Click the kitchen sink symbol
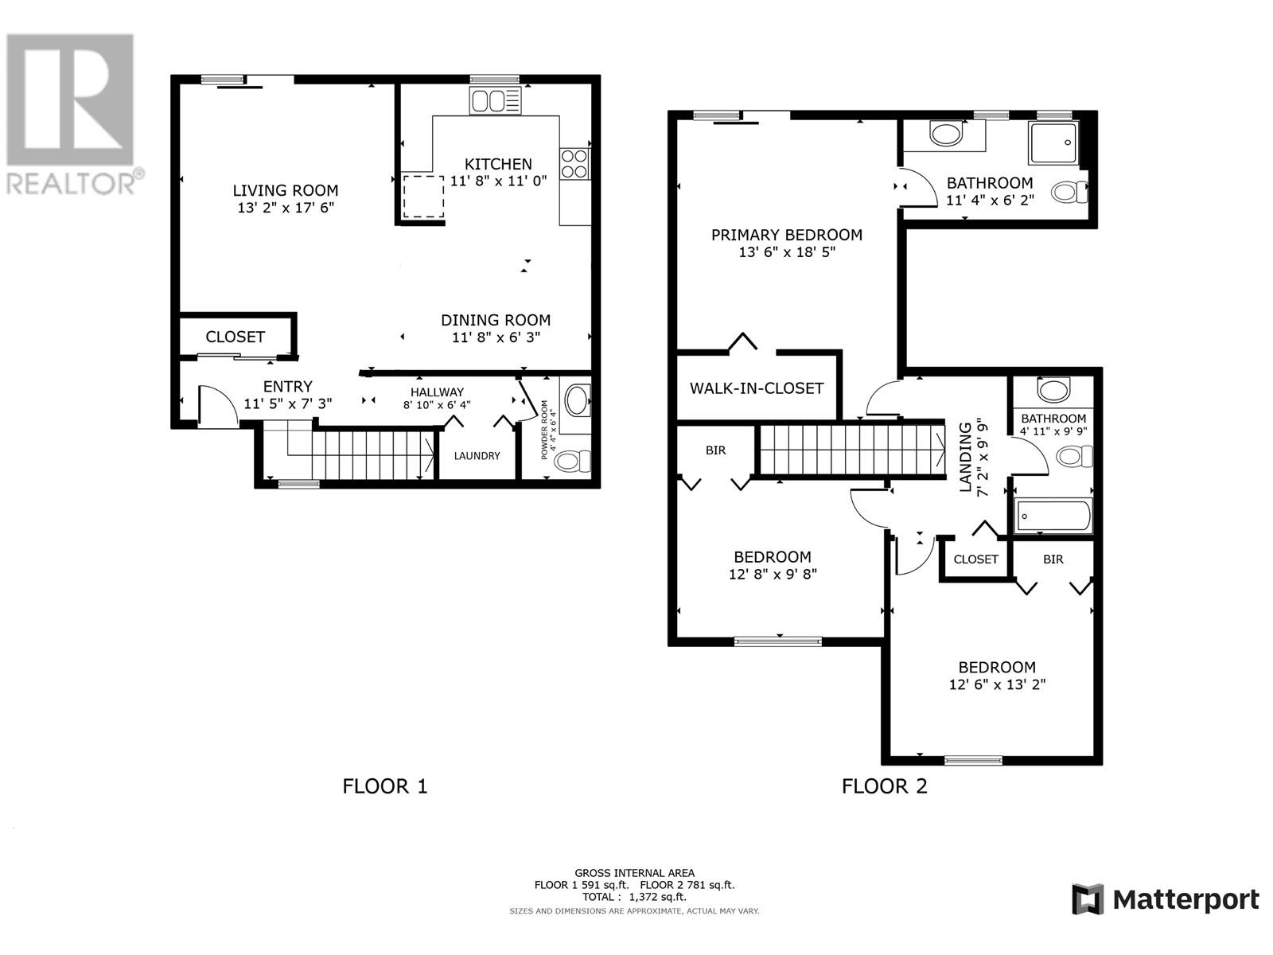pos(495,101)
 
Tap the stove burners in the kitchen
pos(574,163)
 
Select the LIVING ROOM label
pos(285,190)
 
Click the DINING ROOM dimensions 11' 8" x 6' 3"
pos(495,337)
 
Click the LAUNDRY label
pos(477,456)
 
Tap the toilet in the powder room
pos(573,461)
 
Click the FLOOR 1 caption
pos(385,786)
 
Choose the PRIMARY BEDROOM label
pos(786,235)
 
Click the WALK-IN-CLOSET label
pos(756,388)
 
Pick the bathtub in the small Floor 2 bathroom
pos(1052,516)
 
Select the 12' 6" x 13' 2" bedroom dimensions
pos(996,684)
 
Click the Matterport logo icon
pos(1088,899)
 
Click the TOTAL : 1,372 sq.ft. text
pos(633,897)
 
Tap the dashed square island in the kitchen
pos(422,197)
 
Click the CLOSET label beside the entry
pos(235,337)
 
